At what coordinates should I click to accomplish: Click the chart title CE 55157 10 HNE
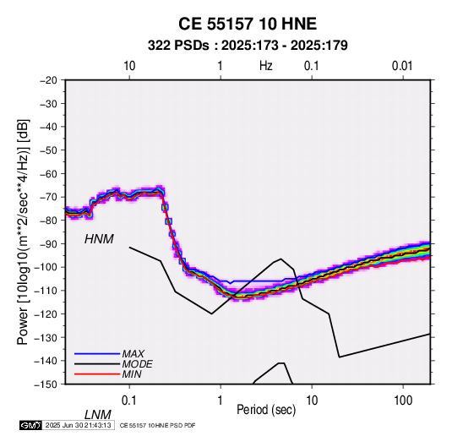pos(248,24)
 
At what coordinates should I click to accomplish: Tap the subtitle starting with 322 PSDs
pos(248,46)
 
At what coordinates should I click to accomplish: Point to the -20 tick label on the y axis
pos(48,80)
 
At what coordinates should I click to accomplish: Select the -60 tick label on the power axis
pos(48,173)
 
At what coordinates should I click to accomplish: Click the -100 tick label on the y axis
pos(46,267)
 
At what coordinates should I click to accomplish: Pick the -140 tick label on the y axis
pos(46,361)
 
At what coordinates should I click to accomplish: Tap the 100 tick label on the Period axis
pos(403,401)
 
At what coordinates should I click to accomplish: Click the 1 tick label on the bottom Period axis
pos(221,401)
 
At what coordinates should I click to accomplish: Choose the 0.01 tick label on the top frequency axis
pos(402,66)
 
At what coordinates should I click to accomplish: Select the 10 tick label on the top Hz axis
pos(129,66)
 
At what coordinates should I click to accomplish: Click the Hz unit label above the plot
pos(266,66)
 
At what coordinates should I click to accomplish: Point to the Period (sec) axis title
pos(266,410)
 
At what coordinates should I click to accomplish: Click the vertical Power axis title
pos(23,232)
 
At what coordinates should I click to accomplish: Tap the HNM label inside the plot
pos(99,239)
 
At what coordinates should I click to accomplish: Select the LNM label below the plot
pos(97,415)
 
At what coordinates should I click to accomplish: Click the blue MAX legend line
pos(97,354)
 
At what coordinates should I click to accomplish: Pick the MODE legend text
pos(137,364)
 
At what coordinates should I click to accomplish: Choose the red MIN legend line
pos(97,374)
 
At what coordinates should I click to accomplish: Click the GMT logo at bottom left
pos(31,425)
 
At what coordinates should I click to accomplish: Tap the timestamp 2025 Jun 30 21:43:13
pos(78,425)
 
